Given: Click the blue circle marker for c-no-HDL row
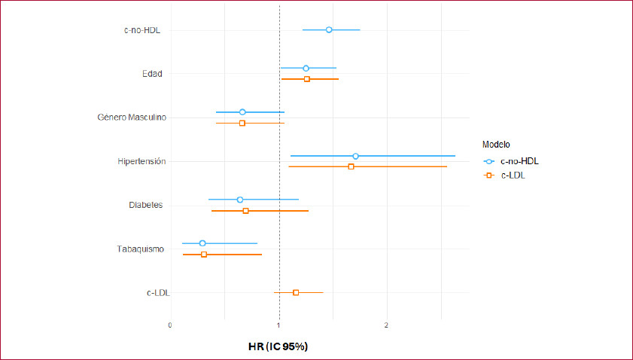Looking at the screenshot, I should pos(329,29).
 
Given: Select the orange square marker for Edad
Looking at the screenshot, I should pos(306,79).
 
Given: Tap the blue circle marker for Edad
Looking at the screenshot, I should pos(306,69).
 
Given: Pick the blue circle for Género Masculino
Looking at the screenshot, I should pos(242,112).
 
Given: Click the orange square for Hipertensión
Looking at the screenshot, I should pos(351,166).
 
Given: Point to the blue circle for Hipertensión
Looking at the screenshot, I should pos(355,156).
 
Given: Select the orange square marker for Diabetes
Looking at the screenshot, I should pos(245,211).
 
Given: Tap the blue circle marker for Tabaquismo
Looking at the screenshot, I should pos(202,243).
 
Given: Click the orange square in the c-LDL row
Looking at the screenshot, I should pos(296,292).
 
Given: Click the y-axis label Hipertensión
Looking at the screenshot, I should pos(142,161).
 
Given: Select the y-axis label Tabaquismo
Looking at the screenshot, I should pos(141,249).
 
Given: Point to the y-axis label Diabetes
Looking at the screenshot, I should pos(146,205).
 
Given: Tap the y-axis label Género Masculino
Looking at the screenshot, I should pos(132,117).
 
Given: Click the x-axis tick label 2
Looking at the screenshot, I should pos(387,325).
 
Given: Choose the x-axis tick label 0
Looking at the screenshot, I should pos(170,325).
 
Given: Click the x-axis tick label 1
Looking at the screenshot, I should pos(279,325).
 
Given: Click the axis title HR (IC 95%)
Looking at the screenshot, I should pos(278,346).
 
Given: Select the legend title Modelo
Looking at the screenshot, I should pos(497,143).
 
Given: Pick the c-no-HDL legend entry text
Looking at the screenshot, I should pos(519,160).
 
